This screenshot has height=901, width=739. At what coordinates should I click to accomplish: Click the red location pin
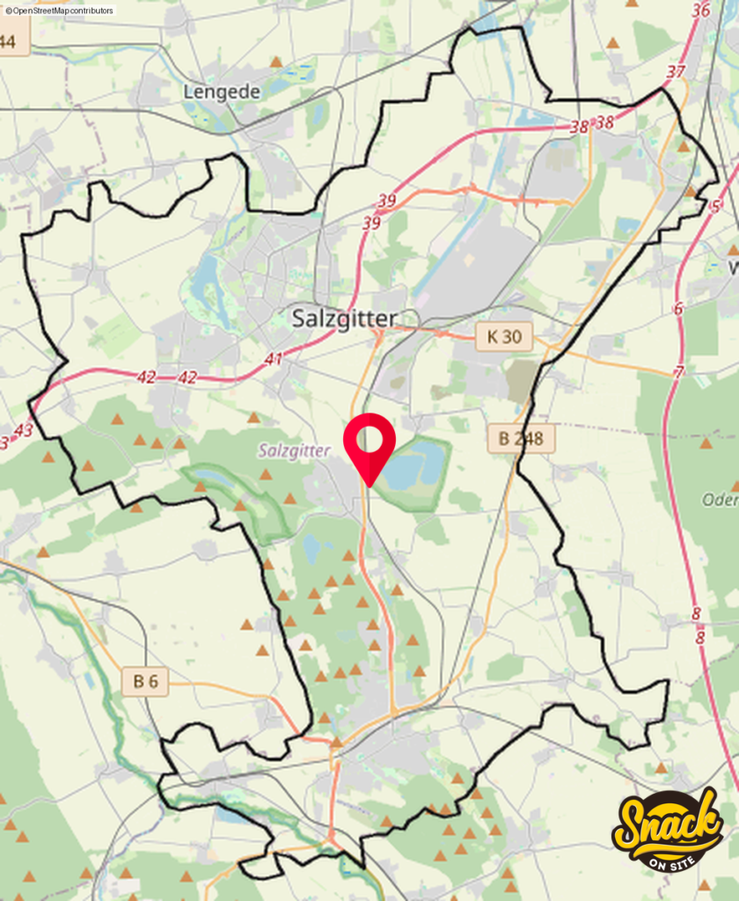[369, 443]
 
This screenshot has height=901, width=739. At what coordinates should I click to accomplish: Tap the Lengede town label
[223, 92]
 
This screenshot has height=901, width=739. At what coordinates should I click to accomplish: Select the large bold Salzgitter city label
[344, 319]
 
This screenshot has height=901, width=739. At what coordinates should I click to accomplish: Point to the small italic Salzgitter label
[294, 450]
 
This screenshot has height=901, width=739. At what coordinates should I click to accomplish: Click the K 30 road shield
[504, 335]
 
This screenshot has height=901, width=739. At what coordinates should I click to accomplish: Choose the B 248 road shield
[522, 438]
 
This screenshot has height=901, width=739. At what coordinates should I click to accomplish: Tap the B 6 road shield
[145, 681]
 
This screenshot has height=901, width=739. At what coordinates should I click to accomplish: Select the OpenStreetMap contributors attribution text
[60, 11]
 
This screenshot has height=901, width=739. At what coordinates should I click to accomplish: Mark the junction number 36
[701, 11]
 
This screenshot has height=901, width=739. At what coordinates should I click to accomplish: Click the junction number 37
[676, 71]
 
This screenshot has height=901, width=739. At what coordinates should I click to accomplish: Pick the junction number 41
[274, 359]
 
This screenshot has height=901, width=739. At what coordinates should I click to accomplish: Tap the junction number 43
[24, 430]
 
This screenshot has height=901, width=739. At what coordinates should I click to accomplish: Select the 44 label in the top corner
[9, 41]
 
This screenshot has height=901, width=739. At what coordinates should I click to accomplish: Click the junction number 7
[678, 372]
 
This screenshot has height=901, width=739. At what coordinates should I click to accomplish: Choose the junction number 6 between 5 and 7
[677, 308]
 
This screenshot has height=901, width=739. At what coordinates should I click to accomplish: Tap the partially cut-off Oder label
[719, 500]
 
